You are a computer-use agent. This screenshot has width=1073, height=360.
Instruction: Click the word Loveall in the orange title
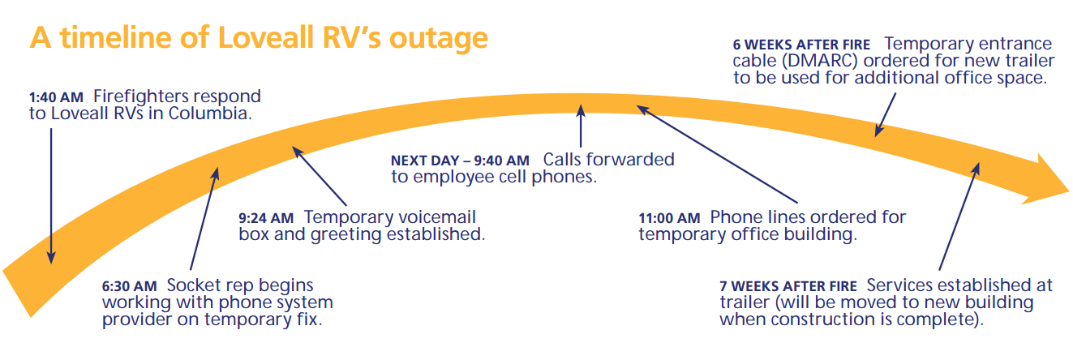(265, 37)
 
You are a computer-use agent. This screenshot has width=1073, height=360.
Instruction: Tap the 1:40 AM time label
(56, 97)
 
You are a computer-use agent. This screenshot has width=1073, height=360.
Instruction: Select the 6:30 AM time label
(129, 286)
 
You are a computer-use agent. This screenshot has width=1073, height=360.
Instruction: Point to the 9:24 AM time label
(266, 218)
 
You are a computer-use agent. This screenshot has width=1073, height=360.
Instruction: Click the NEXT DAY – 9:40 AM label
(460, 161)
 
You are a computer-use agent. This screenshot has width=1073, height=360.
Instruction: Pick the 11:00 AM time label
(669, 218)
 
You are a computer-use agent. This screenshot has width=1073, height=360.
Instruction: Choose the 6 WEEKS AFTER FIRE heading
(801, 45)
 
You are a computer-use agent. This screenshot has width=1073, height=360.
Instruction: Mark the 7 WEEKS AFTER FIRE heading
(788, 286)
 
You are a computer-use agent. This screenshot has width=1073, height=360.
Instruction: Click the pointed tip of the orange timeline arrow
(1068, 191)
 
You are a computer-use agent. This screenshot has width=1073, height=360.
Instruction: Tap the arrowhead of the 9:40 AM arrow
(581, 110)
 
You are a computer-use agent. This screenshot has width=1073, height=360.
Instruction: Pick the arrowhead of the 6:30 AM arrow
(216, 174)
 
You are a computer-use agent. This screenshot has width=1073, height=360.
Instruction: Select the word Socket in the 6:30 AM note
(191, 285)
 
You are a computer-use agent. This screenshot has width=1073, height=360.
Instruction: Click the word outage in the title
(438, 39)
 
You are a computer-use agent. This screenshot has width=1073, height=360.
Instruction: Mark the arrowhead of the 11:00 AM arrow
(642, 109)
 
